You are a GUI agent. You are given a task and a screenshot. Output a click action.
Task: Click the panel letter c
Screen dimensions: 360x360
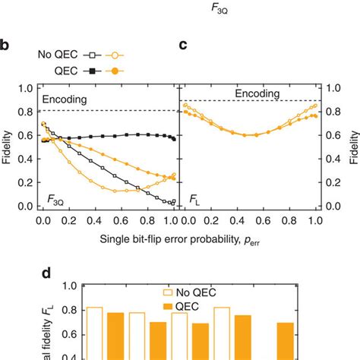[182, 45]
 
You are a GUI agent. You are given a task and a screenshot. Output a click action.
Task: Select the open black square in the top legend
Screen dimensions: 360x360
[93, 55]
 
